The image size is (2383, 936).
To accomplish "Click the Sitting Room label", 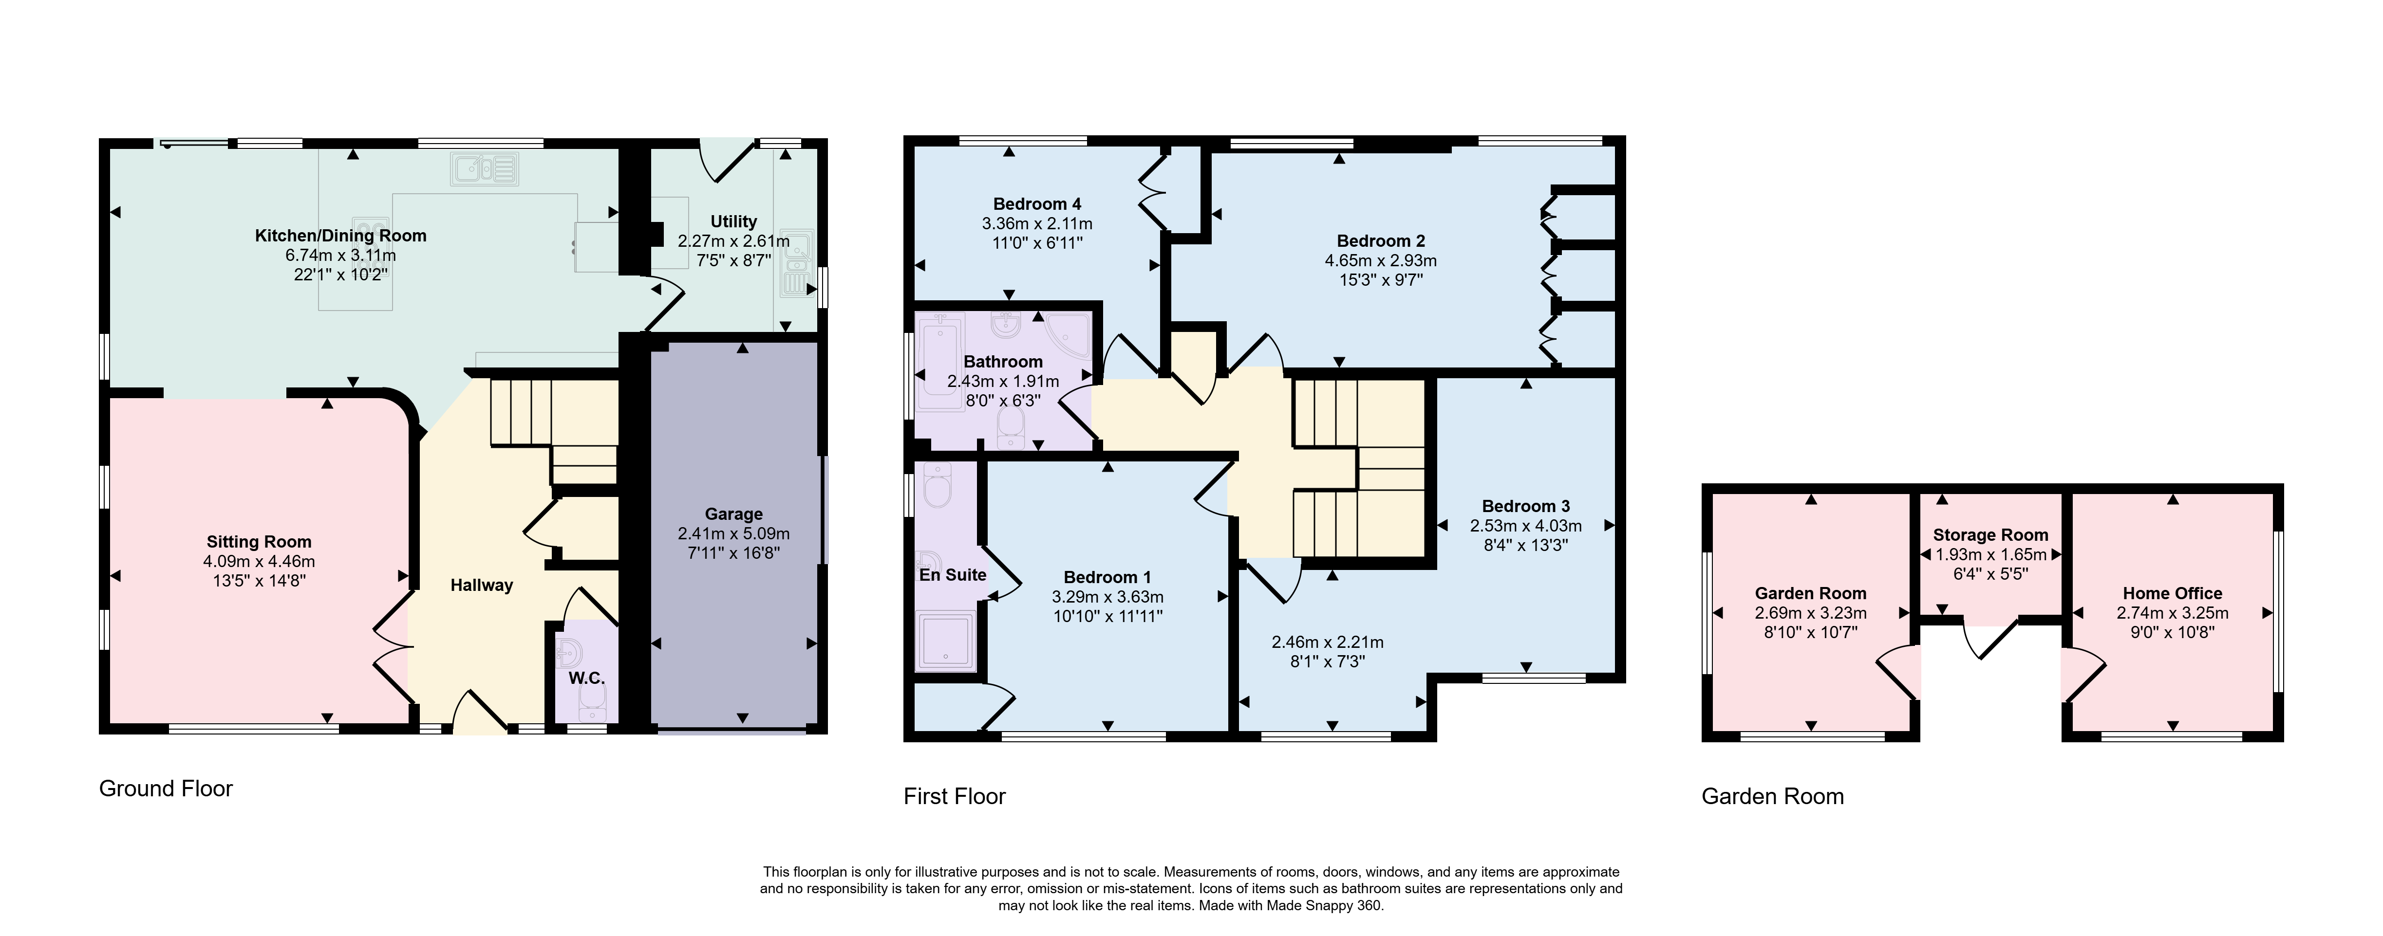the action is point(259,542).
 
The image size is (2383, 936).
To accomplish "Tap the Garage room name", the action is point(733,514).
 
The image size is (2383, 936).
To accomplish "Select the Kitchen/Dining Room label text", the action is point(340,236).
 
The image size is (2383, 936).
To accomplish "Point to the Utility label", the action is point(733,222).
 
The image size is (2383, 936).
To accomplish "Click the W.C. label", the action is point(586,678).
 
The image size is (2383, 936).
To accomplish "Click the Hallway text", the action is point(481,586).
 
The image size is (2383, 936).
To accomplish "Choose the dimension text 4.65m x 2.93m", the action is point(1380,261).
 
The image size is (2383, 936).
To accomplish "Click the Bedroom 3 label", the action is point(1525,506).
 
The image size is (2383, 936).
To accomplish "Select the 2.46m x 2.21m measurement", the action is point(1328,642).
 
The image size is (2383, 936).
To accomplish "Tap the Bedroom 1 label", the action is point(1107,577).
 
